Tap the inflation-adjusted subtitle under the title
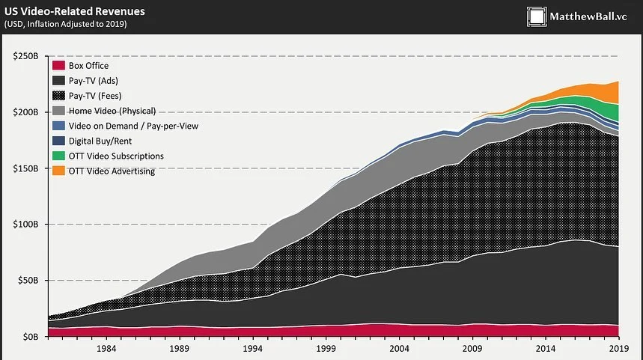pos(65,25)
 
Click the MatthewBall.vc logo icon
pos(537,16)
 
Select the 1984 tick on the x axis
pos(106,349)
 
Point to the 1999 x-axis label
pos(326,349)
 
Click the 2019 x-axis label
pos(618,349)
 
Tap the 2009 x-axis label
pos(472,349)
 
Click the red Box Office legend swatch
pos(58,66)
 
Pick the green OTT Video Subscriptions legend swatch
pos(58,156)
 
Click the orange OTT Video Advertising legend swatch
pos(58,171)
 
